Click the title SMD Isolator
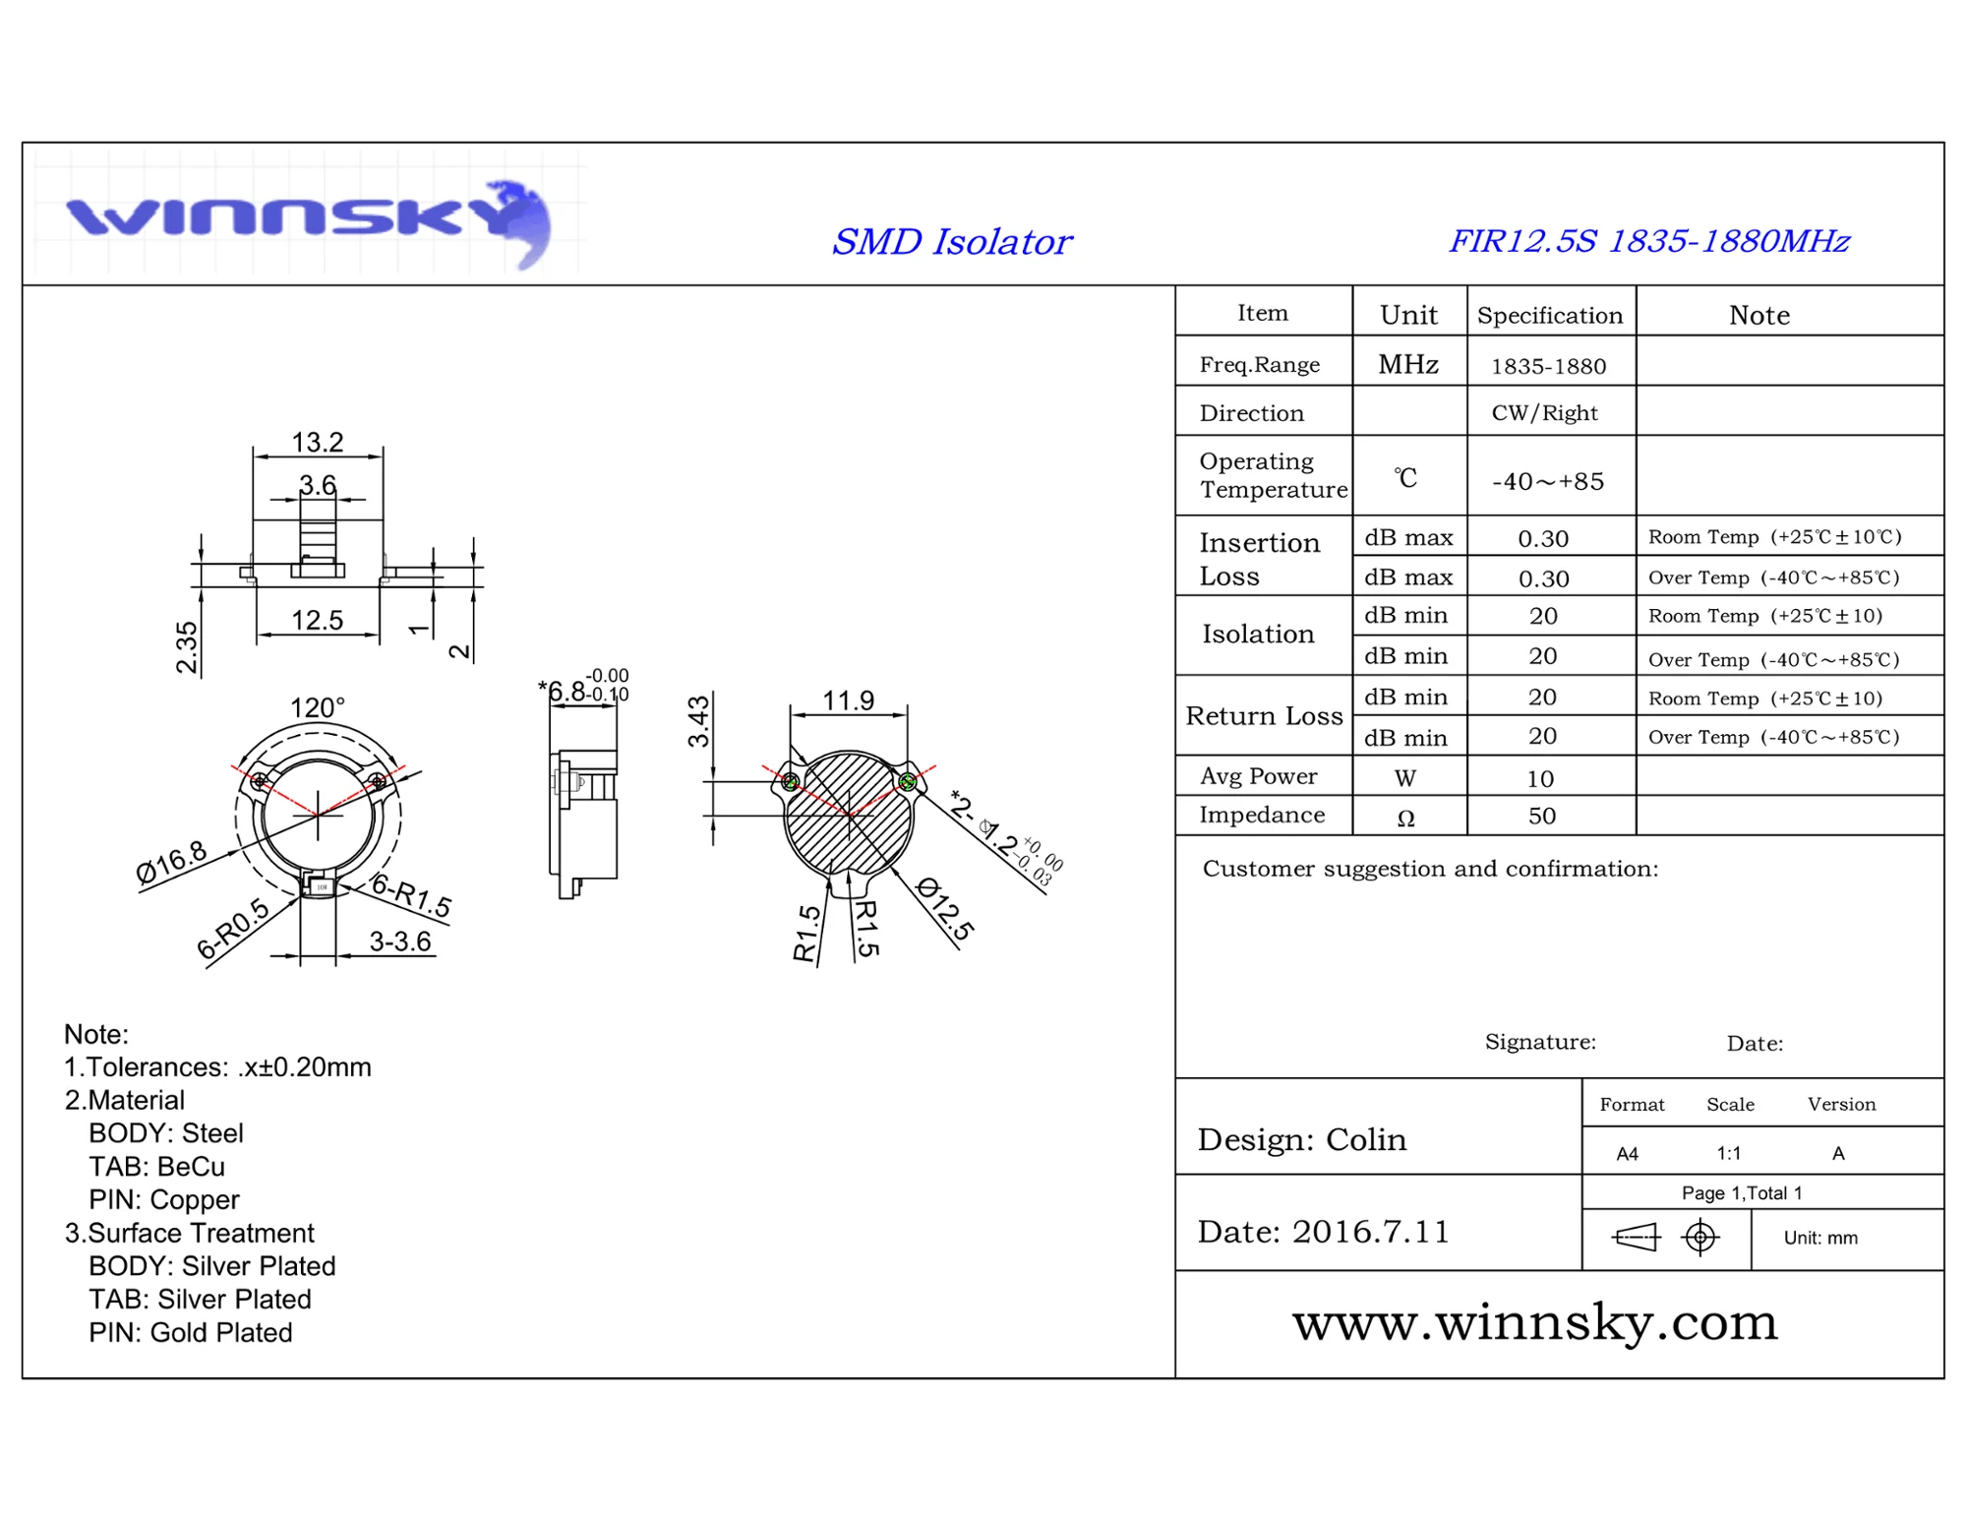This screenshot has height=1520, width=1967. pyautogui.click(x=951, y=242)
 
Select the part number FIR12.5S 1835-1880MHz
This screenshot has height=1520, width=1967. pyautogui.click(x=1648, y=241)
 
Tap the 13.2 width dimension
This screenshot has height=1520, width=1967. pyautogui.click(x=317, y=443)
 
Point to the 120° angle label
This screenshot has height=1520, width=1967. pyautogui.click(x=317, y=707)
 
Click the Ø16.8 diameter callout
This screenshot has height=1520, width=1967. pyautogui.click(x=171, y=862)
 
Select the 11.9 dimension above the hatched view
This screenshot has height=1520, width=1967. pyautogui.click(x=848, y=700)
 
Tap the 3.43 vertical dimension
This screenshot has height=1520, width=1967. pyautogui.click(x=698, y=720)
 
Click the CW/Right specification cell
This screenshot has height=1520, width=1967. pyautogui.click(x=1544, y=413)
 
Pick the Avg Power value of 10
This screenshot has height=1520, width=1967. pyautogui.click(x=1540, y=778)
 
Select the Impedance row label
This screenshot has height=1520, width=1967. pyautogui.click(x=1262, y=815)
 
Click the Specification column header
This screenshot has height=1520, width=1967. pyautogui.click(x=1550, y=316)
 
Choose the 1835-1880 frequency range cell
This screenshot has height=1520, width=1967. pyautogui.click(x=1548, y=366)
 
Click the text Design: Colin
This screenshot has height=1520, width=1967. pyautogui.click(x=1301, y=1139)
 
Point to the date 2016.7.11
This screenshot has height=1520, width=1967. pyautogui.click(x=1370, y=1232)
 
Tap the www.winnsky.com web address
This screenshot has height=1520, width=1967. pyautogui.click(x=1534, y=1322)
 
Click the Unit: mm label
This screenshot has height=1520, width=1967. pyautogui.click(x=1820, y=1238)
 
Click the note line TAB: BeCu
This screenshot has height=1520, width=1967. pyautogui.click(x=157, y=1167)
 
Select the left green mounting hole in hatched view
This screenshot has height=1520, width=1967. pyautogui.click(x=791, y=783)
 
